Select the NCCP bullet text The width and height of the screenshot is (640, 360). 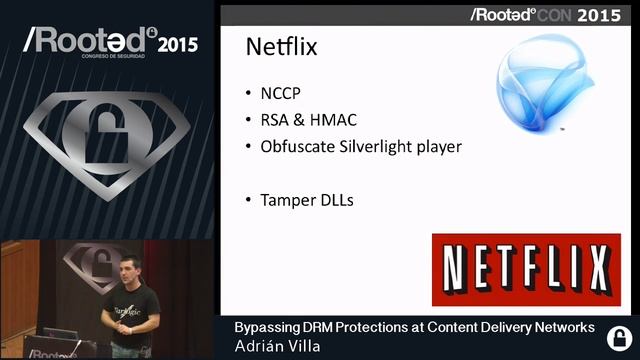coord(281,95)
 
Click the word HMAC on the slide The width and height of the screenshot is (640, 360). coord(334,121)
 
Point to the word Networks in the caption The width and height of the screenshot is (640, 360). coord(562,328)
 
